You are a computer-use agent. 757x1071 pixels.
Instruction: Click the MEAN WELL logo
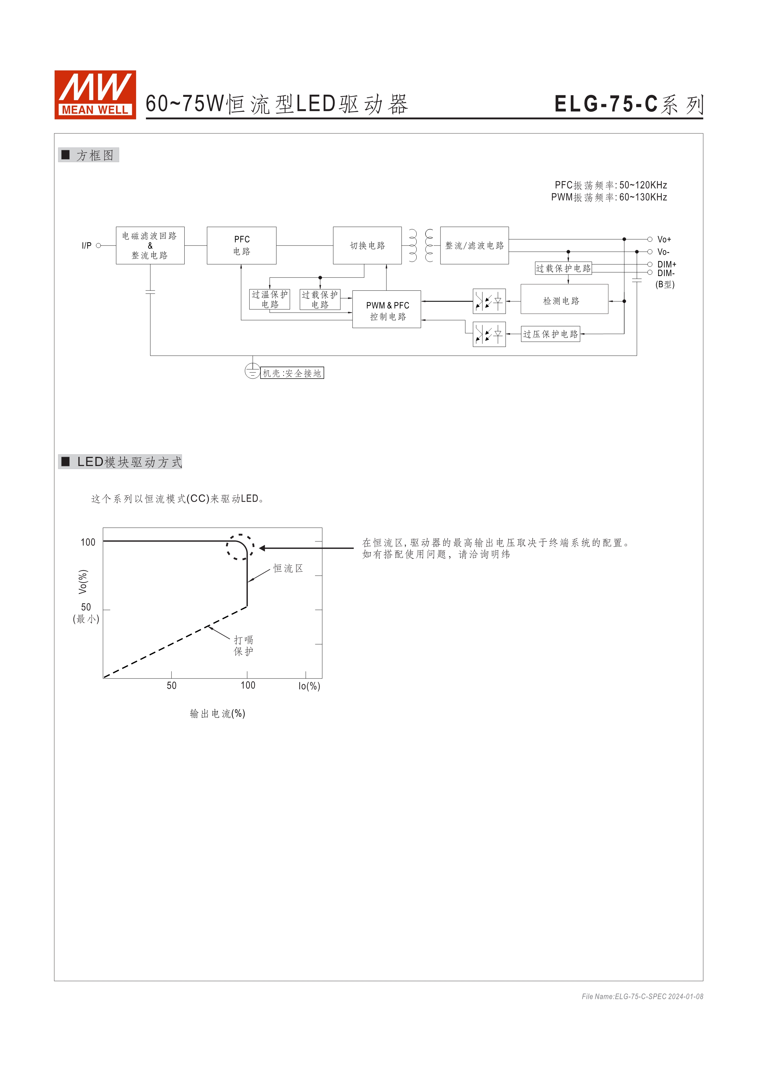pyautogui.click(x=95, y=95)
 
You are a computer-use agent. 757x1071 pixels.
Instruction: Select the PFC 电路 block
pyautogui.click(x=241, y=245)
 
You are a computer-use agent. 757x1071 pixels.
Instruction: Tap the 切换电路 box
pyautogui.click(x=367, y=245)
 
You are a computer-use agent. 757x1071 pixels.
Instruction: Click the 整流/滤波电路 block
pyautogui.click(x=474, y=245)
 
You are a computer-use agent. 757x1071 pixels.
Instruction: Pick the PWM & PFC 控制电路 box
pyautogui.click(x=386, y=309)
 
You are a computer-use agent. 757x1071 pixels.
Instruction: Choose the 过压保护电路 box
pyautogui.click(x=550, y=334)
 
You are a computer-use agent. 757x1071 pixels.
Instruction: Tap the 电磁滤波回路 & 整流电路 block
pyautogui.click(x=150, y=245)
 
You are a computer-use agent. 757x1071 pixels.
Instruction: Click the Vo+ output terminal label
pyautogui.click(x=664, y=239)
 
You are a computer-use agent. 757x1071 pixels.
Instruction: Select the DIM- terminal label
pyautogui.click(x=666, y=273)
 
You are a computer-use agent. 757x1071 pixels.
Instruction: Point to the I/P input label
pyautogui.click(x=87, y=245)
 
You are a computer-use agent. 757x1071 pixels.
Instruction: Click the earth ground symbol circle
pyautogui.click(x=252, y=371)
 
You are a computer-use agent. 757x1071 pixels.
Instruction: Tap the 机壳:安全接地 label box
pyautogui.click(x=292, y=373)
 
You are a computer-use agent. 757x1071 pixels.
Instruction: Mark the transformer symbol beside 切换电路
pyautogui.click(x=421, y=245)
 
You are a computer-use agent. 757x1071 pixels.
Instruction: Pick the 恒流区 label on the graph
pyautogui.click(x=288, y=568)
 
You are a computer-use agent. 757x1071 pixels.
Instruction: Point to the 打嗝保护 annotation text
pyautogui.click(x=243, y=646)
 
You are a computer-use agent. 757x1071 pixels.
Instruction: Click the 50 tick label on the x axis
pyautogui.click(x=172, y=685)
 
